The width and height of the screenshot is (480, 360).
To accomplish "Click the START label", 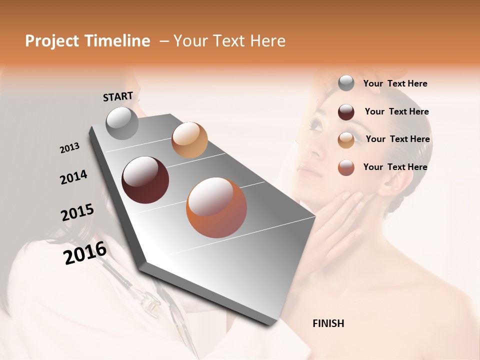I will (x=118, y=96).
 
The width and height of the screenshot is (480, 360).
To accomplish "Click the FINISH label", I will (x=328, y=323).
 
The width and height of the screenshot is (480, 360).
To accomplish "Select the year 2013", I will (x=69, y=148).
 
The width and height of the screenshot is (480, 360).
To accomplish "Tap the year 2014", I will (x=73, y=177).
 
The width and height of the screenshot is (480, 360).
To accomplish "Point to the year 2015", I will (x=77, y=212).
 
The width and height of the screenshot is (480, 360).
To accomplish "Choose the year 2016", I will (x=85, y=253).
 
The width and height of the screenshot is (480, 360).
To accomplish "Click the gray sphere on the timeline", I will (x=122, y=123).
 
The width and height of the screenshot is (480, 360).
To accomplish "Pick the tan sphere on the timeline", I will (x=189, y=140).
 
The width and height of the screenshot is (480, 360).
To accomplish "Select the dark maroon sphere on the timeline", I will (x=145, y=180).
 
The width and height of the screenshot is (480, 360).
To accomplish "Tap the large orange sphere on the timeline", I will (x=216, y=207).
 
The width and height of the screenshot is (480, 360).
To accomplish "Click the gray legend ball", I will (x=346, y=83).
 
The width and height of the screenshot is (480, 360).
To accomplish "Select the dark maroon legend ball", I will (x=346, y=112).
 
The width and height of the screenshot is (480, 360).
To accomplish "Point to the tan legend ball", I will (x=346, y=139).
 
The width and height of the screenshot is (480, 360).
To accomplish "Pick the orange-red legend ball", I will (x=346, y=167).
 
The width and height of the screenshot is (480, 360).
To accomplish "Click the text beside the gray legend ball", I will (x=395, y=83).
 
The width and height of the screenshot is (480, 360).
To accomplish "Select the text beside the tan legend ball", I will (x=397, y=139).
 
